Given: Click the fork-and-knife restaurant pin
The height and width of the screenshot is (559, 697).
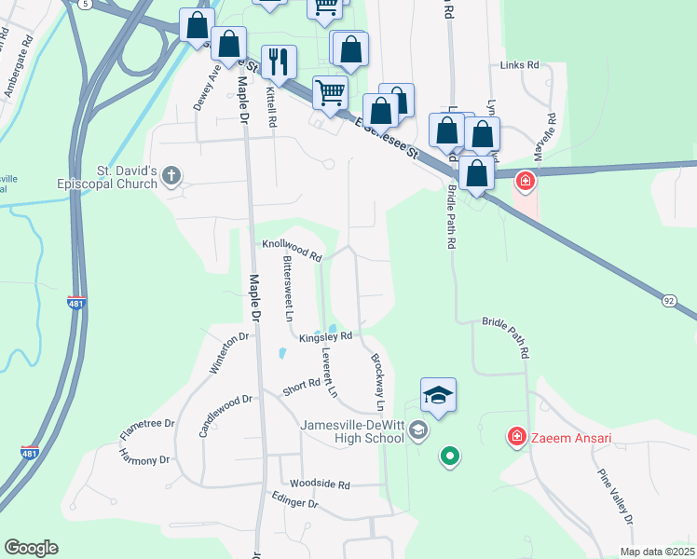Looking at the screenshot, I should (279, 61).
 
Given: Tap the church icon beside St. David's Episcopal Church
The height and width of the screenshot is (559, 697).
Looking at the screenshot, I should (171, 174).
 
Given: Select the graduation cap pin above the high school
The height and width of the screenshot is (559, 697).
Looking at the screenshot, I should (438, 396).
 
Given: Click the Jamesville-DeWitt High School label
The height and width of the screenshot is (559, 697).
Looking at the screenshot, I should (351, 432).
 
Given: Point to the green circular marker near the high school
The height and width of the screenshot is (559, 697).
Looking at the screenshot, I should (450, 456).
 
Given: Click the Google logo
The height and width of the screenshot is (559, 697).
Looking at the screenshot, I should (31, 548).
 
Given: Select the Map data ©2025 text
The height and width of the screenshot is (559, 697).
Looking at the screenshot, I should (656, 552).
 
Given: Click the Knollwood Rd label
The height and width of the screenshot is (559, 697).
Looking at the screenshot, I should (291, 248).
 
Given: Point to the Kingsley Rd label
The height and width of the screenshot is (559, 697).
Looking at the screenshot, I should (325, 337).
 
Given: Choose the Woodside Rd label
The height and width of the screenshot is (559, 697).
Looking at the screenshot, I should (319, 484).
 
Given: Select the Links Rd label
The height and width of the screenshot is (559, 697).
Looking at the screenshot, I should (519, 65).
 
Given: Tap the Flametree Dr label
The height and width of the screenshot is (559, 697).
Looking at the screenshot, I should (147, 429).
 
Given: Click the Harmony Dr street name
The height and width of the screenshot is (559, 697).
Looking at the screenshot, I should (143, 456).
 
